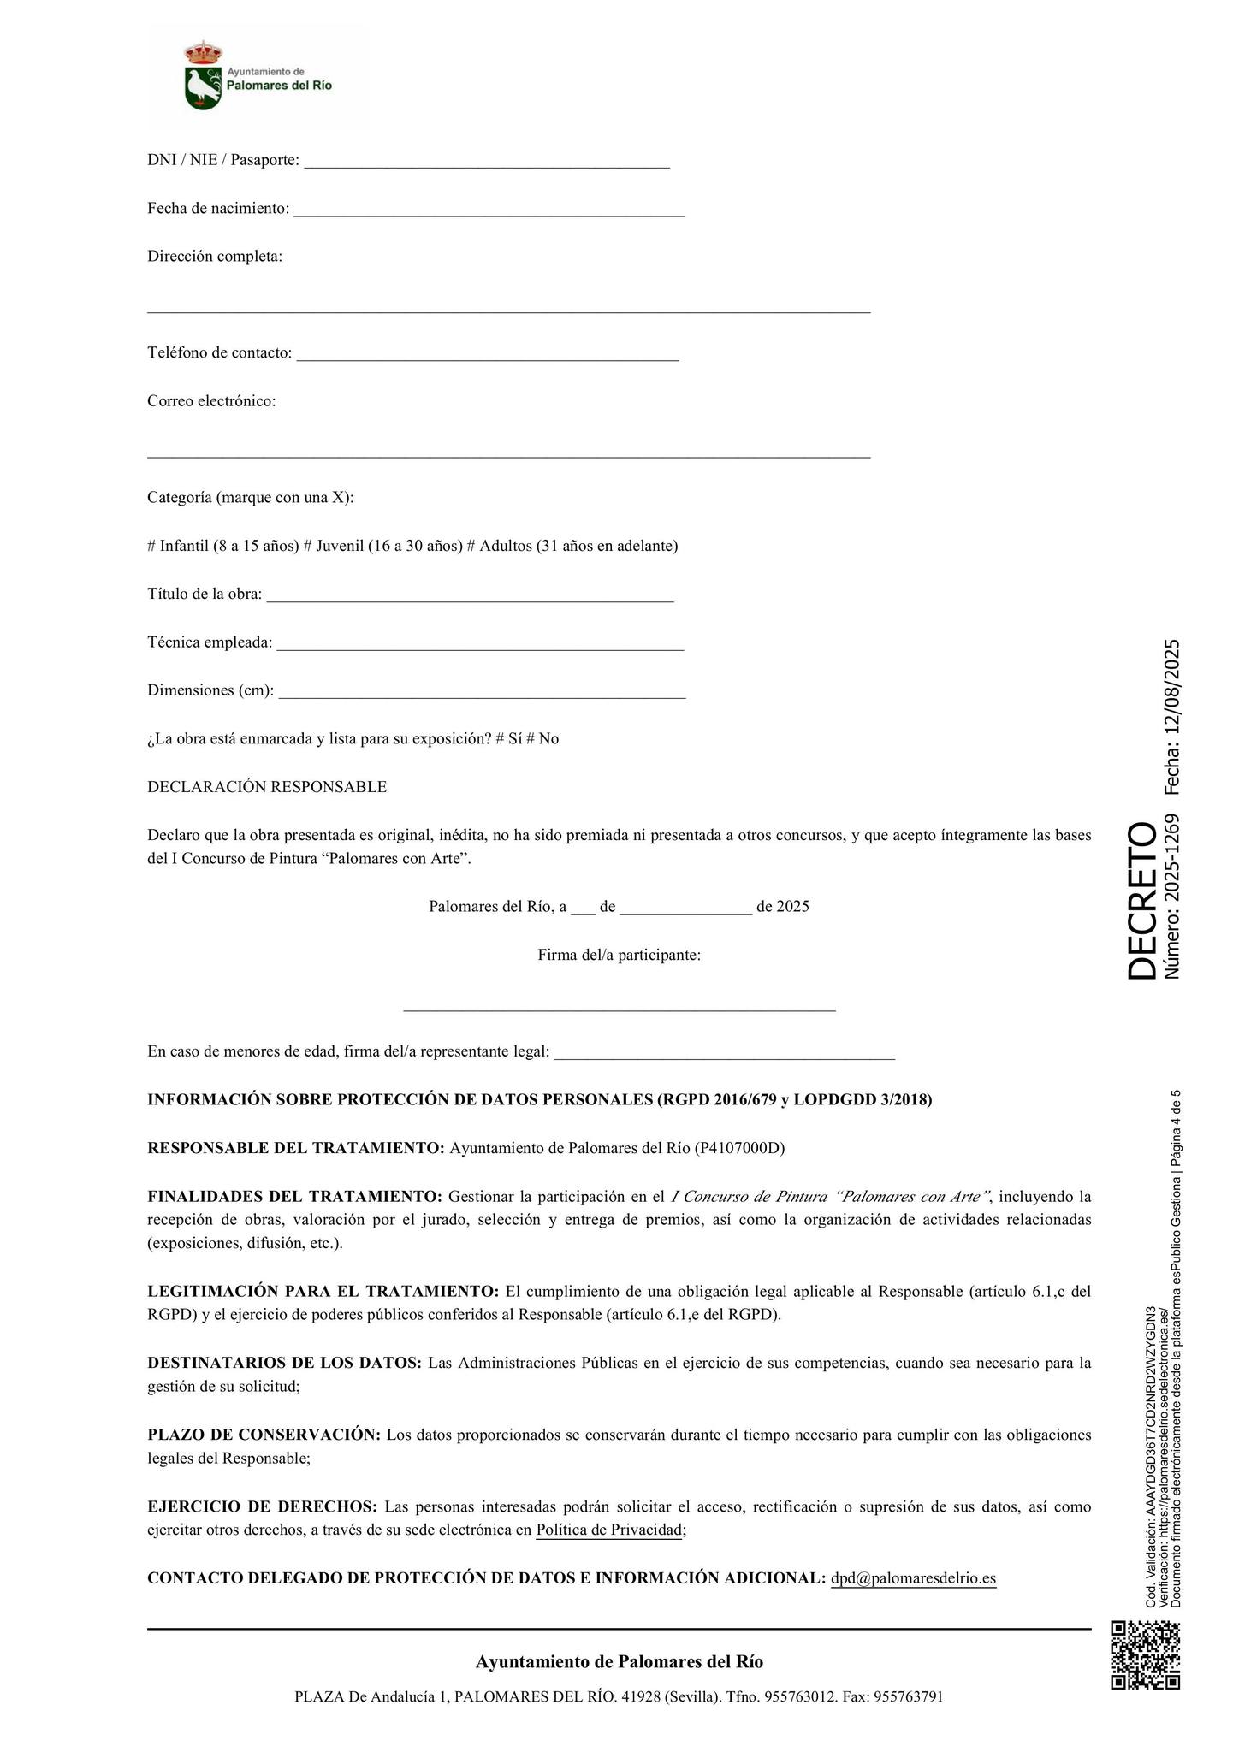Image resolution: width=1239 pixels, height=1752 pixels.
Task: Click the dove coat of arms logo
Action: pyautogui.click(x=203, y=77)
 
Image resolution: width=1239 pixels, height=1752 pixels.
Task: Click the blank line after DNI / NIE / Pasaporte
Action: pyautogui.click(x=487, y=165)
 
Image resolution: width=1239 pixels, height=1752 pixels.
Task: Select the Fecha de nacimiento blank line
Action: pyautogui.click(x=489, y=214)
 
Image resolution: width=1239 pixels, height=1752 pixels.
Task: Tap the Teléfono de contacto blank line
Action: pyautogui.click(x=488, y=358)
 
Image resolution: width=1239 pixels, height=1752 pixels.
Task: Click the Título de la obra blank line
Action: pyautogui.click(x=470, y=600)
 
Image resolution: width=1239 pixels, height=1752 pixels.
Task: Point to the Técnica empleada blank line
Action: pyautogui.click(x=480, y=648)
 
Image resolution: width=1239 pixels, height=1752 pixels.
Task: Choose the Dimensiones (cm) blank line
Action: pyautogui.click(x=482, y=695)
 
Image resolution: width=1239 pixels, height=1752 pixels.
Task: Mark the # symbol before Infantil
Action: pyautogui.click(x=151, y=546)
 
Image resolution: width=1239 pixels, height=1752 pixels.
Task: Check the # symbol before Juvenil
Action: pyautogui.click(x=308, y=546)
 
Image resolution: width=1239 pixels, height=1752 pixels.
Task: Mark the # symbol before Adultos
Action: pyautogui.click(x=471, y=546)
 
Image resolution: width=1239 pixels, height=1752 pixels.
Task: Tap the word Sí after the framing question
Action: pyautogui.click(x=515, y=738)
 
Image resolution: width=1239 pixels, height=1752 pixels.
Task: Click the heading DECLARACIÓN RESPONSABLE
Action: pyautogui.click(x=267, y=787)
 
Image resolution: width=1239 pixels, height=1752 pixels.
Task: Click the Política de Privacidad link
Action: pyautogui.click(x=609, y=1530)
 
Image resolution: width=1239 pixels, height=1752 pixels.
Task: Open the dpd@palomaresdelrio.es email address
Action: pyautogui.click(x=913, y=1578)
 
